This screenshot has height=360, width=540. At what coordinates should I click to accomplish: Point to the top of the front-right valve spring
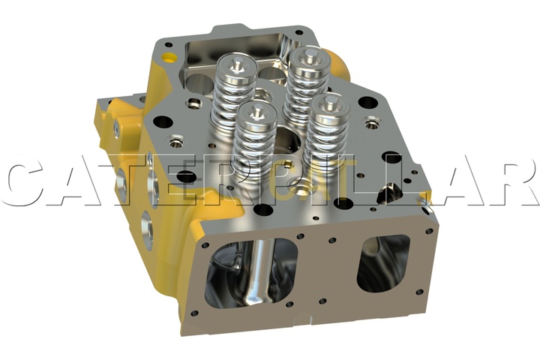tap(328, 106)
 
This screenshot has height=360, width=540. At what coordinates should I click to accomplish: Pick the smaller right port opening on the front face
tap(383, 263)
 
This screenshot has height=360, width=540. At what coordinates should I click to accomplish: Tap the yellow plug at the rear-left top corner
tap(169, 57)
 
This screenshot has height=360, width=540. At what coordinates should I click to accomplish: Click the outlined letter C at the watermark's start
tap(28, 184)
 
